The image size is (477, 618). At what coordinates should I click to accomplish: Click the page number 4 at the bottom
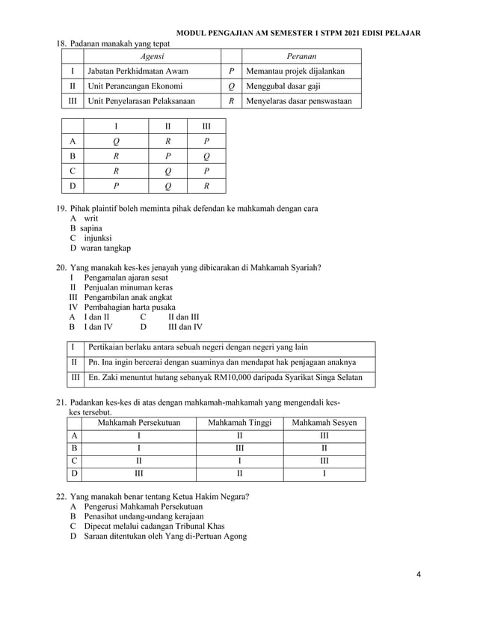(x=419, y=575)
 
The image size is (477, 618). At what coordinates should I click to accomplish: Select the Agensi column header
(x=152, y=56)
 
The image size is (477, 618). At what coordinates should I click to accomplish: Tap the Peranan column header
(x=301, y=56)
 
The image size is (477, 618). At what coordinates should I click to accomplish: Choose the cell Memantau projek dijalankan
(x=290, y=71)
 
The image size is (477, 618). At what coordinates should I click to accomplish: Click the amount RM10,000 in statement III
(x=239, y=378)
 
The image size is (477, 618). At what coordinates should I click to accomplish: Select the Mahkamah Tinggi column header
(x=239, y=423)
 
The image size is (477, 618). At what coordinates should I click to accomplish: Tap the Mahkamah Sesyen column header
(x=324, y=423)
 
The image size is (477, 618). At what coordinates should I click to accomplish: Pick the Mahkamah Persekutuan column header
(x=140, y=423)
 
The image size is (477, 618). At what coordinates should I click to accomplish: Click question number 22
(x=62, y=496)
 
